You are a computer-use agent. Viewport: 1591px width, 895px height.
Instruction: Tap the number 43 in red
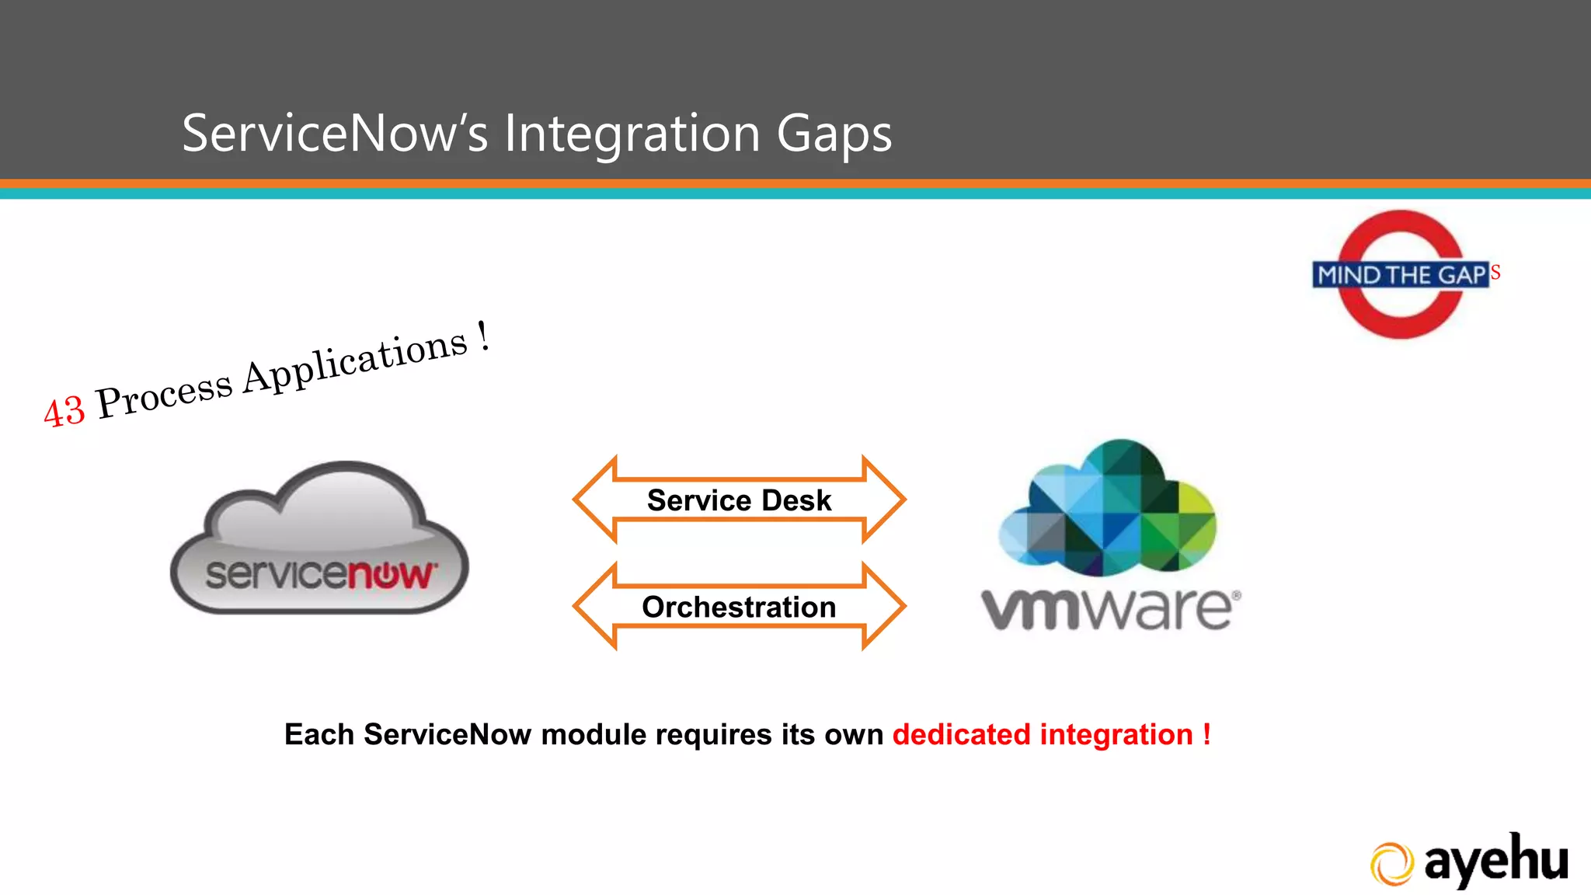pos(64,410)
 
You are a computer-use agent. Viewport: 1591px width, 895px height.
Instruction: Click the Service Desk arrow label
pos(739,500)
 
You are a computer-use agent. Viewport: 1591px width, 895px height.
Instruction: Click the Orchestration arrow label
pos(739,607)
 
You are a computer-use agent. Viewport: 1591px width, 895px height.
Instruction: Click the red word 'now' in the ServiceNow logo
pos(389,575)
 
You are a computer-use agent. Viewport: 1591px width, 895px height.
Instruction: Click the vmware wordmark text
pos(1107,610)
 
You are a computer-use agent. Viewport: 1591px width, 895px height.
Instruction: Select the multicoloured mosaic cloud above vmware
pos(1107,509)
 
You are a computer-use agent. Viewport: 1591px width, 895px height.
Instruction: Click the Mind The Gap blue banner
pos(1400,275)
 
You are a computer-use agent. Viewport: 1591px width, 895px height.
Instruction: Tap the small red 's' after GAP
pos(1495,273)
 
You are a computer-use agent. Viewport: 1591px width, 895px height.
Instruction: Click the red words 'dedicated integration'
pos(1042,734)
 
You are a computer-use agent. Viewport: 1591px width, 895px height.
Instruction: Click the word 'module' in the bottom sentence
pos(593,734)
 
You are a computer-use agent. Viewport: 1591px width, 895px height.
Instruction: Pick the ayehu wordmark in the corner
pos(1495,861)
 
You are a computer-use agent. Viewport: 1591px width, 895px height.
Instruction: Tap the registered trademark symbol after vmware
pos(1236,596)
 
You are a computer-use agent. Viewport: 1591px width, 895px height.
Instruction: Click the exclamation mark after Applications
pos(483,336)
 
